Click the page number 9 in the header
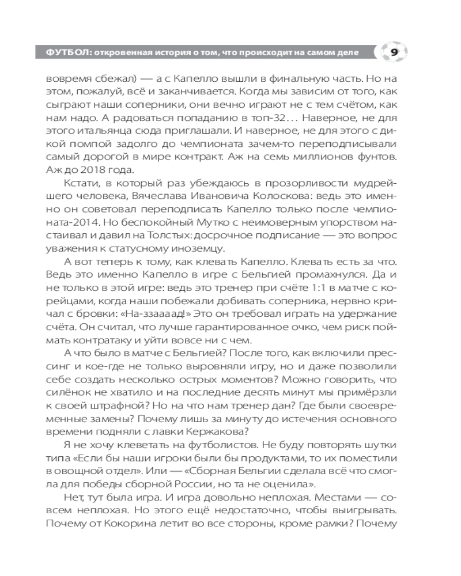coord(394,52)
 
